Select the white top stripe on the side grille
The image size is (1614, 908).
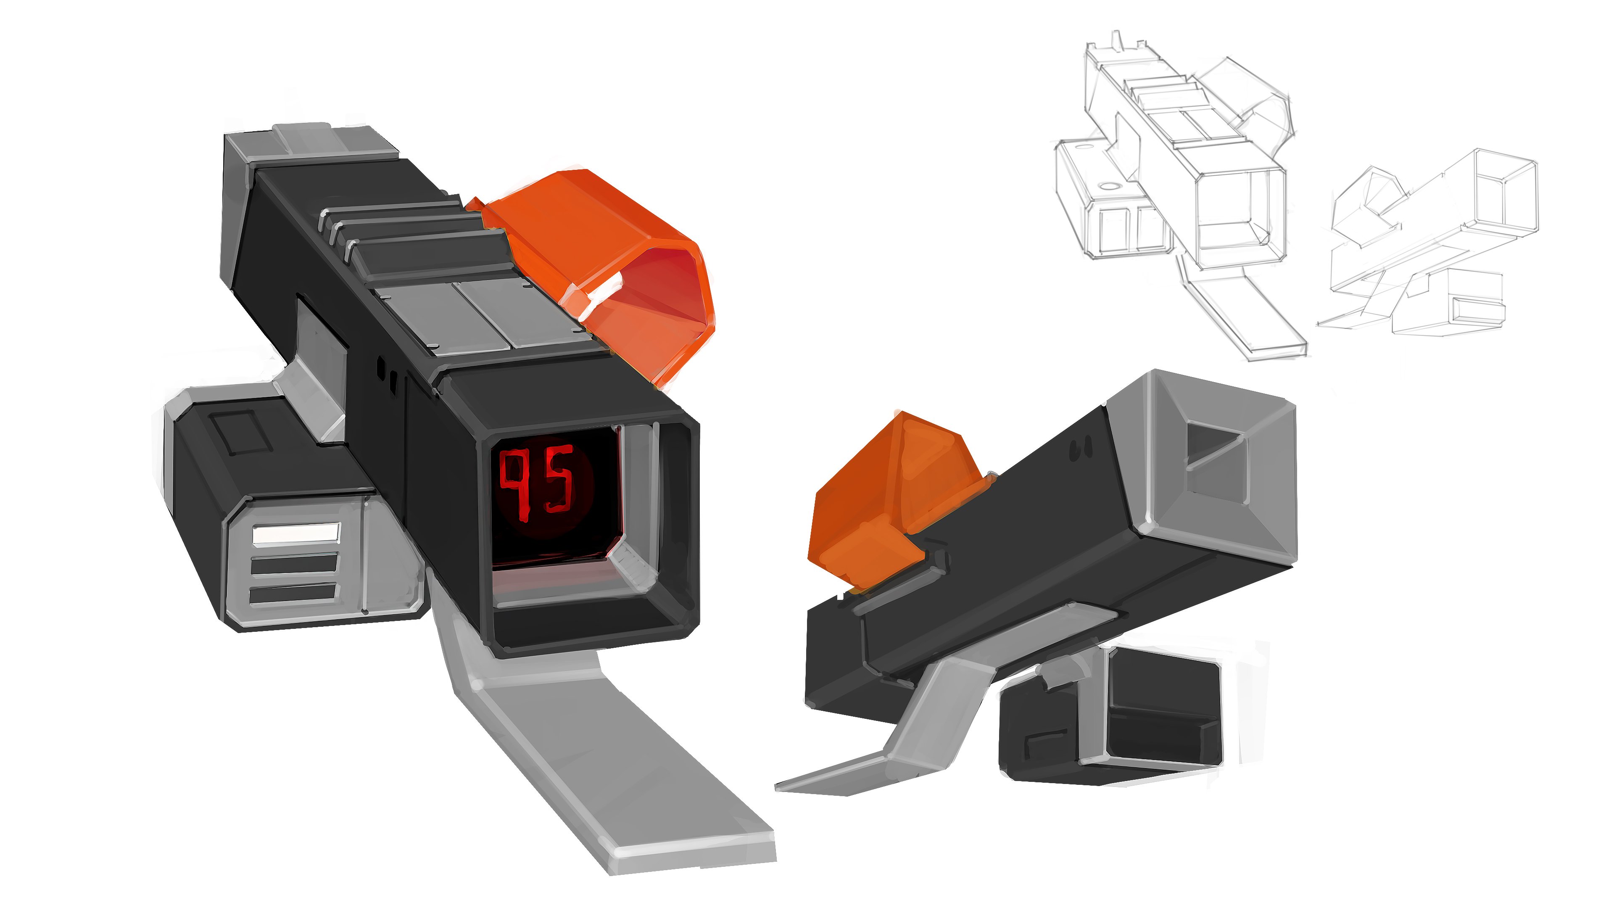(296, 535)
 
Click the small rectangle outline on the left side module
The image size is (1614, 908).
(241, 433)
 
